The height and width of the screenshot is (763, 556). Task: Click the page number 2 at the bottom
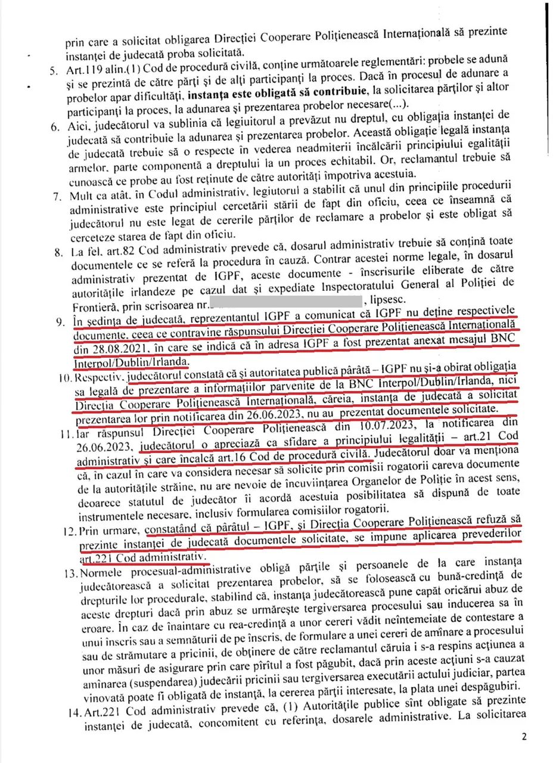(x=524, y=736)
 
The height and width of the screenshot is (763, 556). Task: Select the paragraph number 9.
(x=60, y=322)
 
